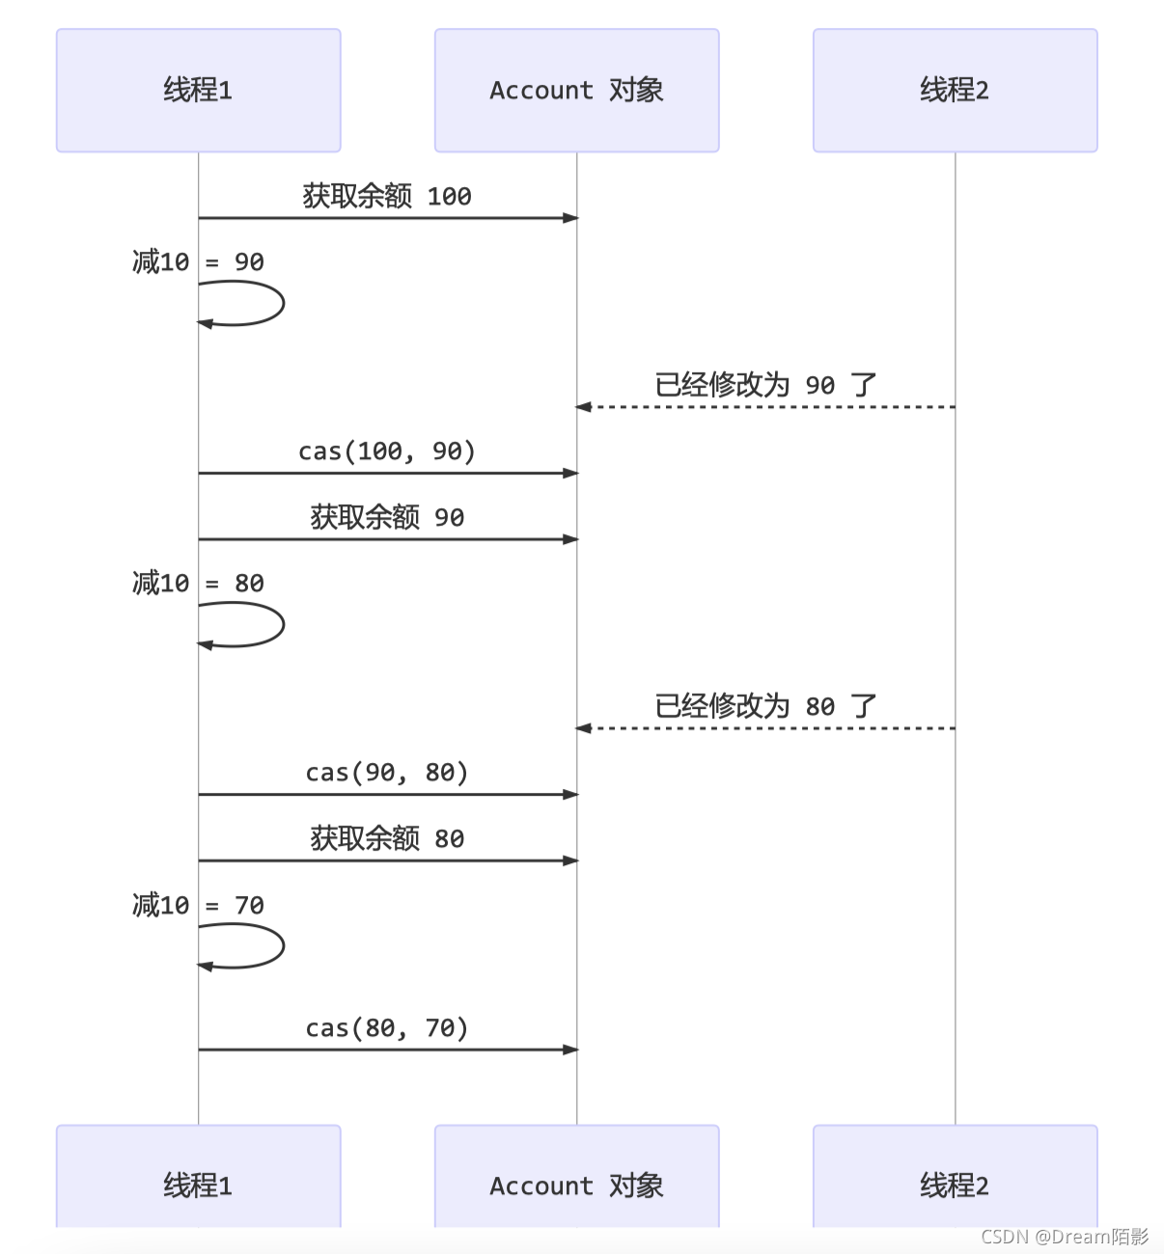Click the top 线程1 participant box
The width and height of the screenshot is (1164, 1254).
click(x=199, y=91)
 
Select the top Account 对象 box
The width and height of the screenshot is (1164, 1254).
click(x=577, y=91)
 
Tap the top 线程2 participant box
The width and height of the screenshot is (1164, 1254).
click(x=955, y=91)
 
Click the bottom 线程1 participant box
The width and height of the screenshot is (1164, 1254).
click(x=199, y=1175)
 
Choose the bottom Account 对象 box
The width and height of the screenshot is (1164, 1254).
click(x=577, y=1175)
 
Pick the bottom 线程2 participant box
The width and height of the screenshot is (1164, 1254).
click(x=955, y=1175)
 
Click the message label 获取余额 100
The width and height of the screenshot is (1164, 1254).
click(x=387, y=197)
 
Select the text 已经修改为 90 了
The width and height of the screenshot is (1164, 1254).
click(x=765, y=385)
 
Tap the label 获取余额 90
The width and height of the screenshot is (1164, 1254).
click(x=387, y=517)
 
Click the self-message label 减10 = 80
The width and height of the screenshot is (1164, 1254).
click(x=198, y=583)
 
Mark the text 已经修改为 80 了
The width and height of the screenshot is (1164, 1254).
click(x=765, y=706)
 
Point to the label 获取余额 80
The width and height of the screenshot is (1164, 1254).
click(x=387, y=838)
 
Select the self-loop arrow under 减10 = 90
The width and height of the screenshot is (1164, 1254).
click(x=284, y=304)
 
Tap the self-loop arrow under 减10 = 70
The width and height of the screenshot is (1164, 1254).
click(x=284, y=946)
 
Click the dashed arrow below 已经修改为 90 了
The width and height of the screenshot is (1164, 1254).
click(x=765, y=407)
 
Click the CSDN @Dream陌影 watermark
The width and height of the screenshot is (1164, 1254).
click(x=1065, y=1237)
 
